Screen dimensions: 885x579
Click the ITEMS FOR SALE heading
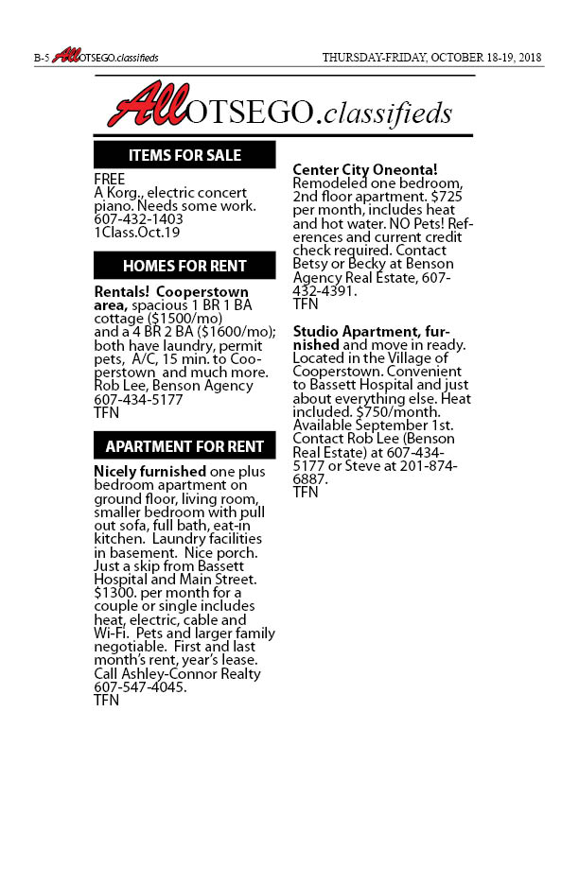184,155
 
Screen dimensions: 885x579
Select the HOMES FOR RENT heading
184,266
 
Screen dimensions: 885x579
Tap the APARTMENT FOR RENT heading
184,446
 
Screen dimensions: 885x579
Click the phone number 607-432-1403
138,219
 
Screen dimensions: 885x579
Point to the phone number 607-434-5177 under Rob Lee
138,400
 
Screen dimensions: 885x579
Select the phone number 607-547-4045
139,687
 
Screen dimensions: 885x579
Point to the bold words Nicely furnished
149,471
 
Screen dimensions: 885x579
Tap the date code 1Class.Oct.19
137,233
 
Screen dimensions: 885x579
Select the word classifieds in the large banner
397,113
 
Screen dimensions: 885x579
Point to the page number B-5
41,58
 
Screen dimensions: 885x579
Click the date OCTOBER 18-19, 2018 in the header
485,58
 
